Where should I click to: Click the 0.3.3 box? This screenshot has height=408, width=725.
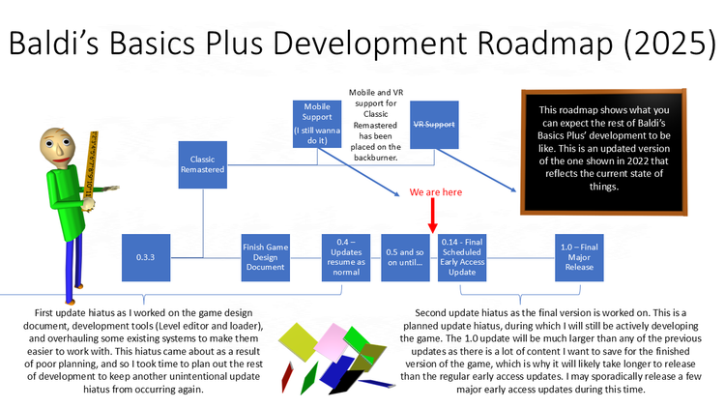click(x=148, y=257)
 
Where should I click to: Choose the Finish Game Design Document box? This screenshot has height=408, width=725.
click(x=266, y=257)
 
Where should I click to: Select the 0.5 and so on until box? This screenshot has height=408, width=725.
click(x=405, y=257)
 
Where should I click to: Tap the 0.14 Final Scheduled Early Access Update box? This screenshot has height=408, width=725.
click(x=462, y=257)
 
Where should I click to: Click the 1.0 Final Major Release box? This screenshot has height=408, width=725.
click(x=580, y=257)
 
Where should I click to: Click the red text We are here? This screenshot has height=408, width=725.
click(x=436, y=192)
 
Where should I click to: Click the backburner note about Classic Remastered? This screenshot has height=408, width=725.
click(x=372, y=124)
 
